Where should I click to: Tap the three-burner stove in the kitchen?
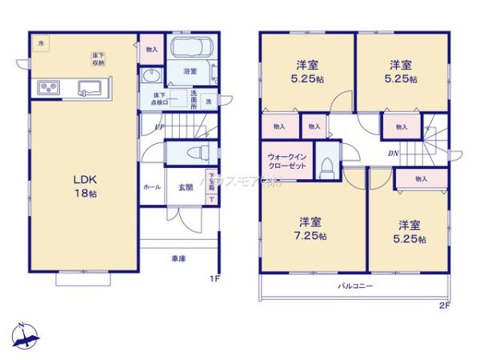[45, 87]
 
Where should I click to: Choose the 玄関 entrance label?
[186, 187]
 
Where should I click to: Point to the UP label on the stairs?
[160, 126]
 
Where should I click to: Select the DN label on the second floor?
[393, 154]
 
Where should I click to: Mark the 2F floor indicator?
[445, 305]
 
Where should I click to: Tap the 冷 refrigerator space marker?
[41, 40]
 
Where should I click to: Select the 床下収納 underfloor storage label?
[98, 58]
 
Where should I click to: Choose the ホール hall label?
[150, 187]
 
